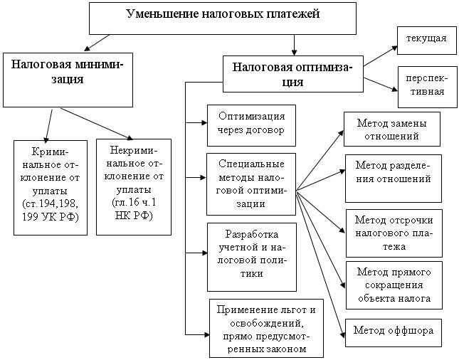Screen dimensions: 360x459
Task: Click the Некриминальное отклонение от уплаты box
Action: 133,187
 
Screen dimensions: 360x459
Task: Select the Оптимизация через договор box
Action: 252,124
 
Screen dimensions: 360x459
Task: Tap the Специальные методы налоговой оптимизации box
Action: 252,184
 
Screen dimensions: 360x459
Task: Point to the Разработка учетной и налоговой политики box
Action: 252,256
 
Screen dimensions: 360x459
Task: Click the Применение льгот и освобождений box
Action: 266,328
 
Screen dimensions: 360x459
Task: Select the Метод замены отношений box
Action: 392,129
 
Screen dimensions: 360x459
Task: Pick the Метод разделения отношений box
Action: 393,178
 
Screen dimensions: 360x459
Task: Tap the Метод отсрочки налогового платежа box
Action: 394,232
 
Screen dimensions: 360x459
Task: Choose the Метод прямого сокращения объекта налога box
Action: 394,285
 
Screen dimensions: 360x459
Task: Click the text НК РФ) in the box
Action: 133,216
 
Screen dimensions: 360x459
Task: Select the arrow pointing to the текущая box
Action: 381,56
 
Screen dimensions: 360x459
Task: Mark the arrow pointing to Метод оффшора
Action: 321,263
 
